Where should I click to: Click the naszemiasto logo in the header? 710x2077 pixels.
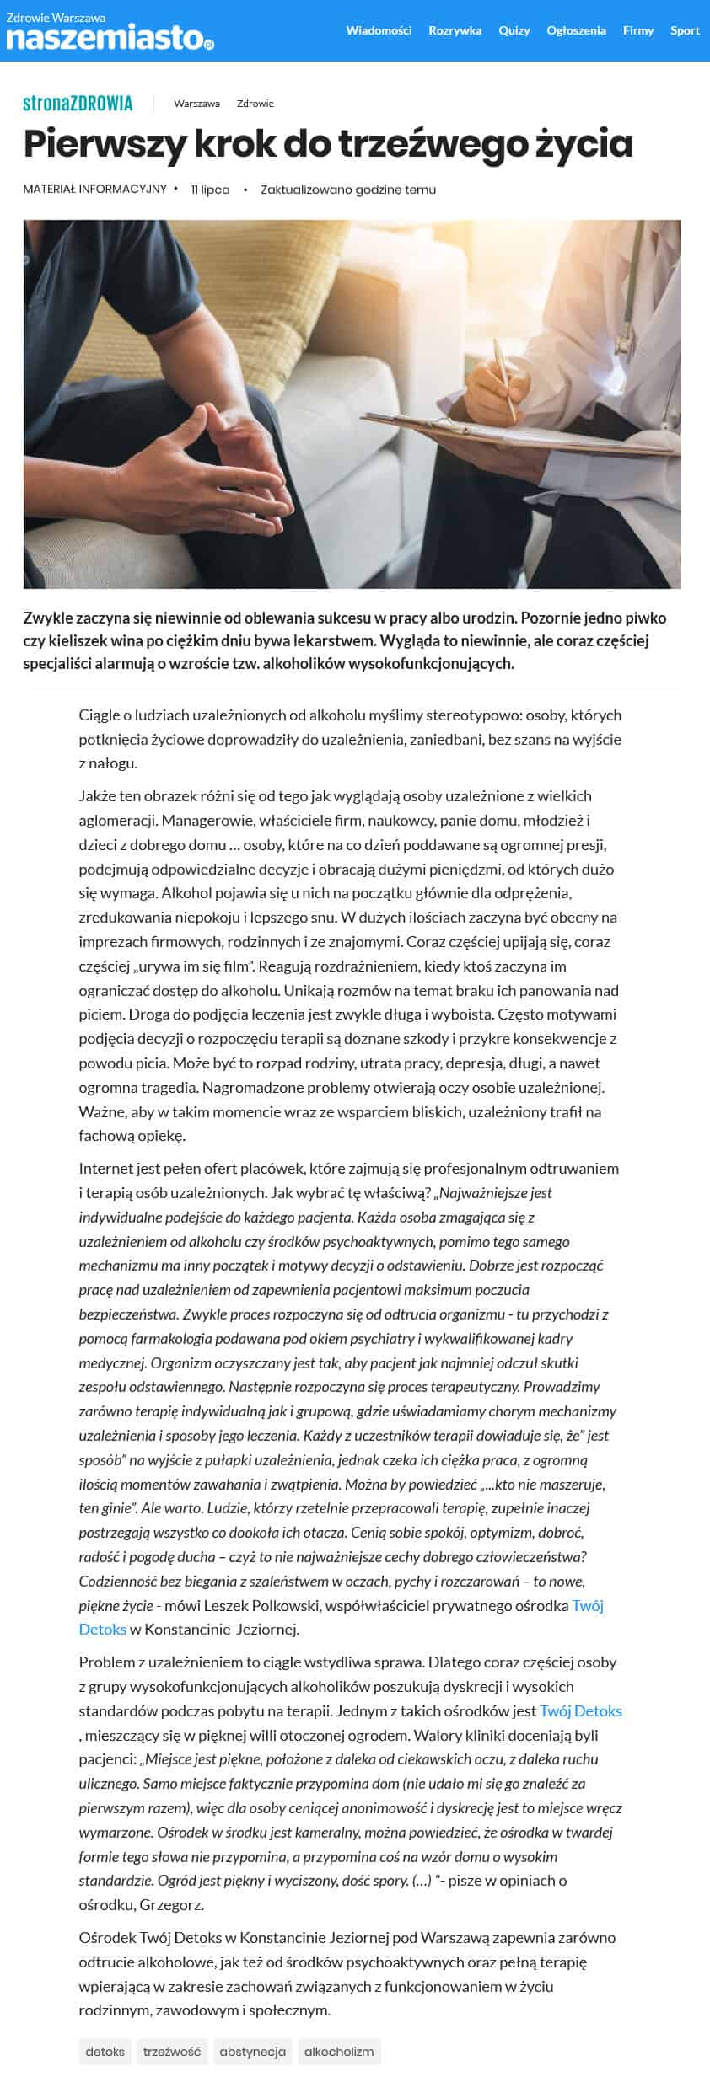tap(110, 37)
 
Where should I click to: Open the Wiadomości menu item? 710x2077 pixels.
tap(379, 30)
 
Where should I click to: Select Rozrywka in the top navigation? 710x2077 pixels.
tap(455, 30)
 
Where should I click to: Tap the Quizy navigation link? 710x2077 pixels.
tap(514, 30)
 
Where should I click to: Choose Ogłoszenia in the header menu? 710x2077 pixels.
tap(576, 30)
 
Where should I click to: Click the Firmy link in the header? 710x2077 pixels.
tap(637, 30)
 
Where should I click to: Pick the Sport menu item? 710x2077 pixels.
tap(685, 30)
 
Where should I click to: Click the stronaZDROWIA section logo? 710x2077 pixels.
tap(78, 104)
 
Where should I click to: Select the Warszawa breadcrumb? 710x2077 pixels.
tap(196, 104)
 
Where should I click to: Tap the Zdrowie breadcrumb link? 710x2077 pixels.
tap(255, 104)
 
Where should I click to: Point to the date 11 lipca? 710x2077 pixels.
tap(210, 190)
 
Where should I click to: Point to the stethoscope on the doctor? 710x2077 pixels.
tap(628, 329)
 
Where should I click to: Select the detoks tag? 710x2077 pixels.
tap(105, 2051)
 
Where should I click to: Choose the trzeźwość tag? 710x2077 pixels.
tap(172, 2051)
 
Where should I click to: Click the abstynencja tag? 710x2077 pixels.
tap(252, 2051)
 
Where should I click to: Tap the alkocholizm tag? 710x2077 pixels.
tap(339, 2051)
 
